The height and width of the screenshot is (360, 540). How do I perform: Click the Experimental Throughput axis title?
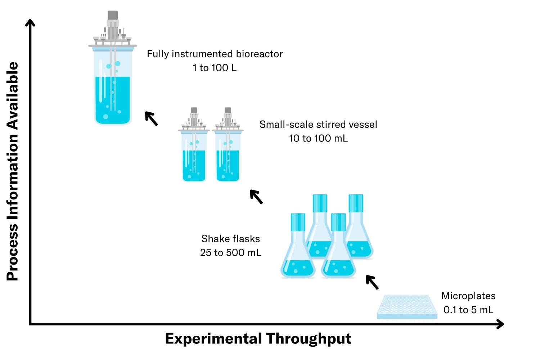click(258, 339)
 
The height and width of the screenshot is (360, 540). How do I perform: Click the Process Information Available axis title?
click(13, 171)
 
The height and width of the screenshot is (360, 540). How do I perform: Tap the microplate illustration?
click(407, 307)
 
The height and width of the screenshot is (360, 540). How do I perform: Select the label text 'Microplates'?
click(468, 296)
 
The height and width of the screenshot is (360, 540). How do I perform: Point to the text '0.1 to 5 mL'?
click(468, 310)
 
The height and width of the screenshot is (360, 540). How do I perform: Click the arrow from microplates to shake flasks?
click(372, 282)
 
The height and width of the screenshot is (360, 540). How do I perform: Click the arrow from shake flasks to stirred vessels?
click(256, 197)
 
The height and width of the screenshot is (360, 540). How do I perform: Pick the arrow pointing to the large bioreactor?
click(151, 118)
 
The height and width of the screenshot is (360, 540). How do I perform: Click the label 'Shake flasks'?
click(230, 239)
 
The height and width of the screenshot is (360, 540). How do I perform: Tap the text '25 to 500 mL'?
click(230, 253)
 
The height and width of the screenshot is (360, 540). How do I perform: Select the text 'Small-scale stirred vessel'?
click(318, 125)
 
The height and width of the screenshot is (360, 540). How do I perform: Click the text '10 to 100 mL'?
click(318, 138)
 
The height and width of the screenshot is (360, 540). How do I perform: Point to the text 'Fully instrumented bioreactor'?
click(215, 54)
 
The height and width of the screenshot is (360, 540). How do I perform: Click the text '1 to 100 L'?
click(215, 68)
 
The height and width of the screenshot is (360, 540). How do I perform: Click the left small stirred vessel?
click(194, 155)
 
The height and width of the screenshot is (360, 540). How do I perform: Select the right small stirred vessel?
click(228, 155)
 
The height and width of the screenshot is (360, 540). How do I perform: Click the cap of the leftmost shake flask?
click(298, 222)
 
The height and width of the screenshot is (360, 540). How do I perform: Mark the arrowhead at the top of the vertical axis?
click(31, 23)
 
